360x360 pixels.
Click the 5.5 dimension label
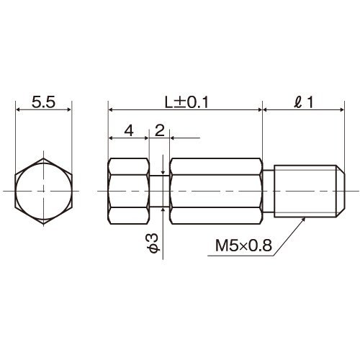point(43,102)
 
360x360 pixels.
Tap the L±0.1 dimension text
point(186,102)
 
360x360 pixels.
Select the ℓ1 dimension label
point(304,102)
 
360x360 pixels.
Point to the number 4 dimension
point(129,131)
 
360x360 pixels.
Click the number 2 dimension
point(160,131)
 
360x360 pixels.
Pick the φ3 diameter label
point(154,243)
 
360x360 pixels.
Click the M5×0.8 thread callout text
point(243,246)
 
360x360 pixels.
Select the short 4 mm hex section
point(128,191)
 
